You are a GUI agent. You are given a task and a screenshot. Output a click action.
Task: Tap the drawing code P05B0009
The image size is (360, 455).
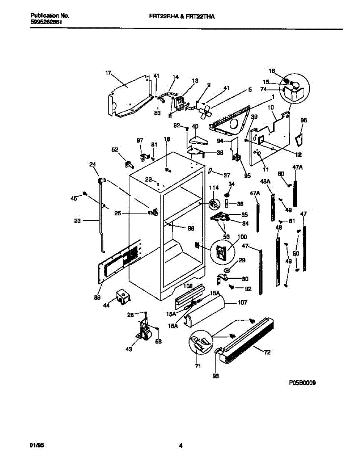(x=302, y=383)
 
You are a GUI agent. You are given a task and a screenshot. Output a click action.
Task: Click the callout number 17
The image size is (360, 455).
(x=108, y=73)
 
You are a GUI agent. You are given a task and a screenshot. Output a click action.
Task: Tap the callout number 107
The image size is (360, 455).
(x=242, y=303)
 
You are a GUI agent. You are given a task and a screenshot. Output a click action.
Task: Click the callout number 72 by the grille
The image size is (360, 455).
(x=267, y=353)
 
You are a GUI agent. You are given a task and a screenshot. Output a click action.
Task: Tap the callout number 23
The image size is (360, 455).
(x=77, y=220)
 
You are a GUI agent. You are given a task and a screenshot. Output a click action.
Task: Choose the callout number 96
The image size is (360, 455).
(x=303, y=121)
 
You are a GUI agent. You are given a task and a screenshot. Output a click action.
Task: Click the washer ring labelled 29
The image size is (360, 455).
(x=227, y=270)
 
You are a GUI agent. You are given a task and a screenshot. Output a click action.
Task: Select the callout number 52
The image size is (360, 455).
(x=115, y=149)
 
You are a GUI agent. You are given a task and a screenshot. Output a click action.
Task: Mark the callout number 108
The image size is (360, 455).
(x=188, y=286)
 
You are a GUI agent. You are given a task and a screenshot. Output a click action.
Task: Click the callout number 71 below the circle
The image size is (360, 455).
(x=198, y=367)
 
